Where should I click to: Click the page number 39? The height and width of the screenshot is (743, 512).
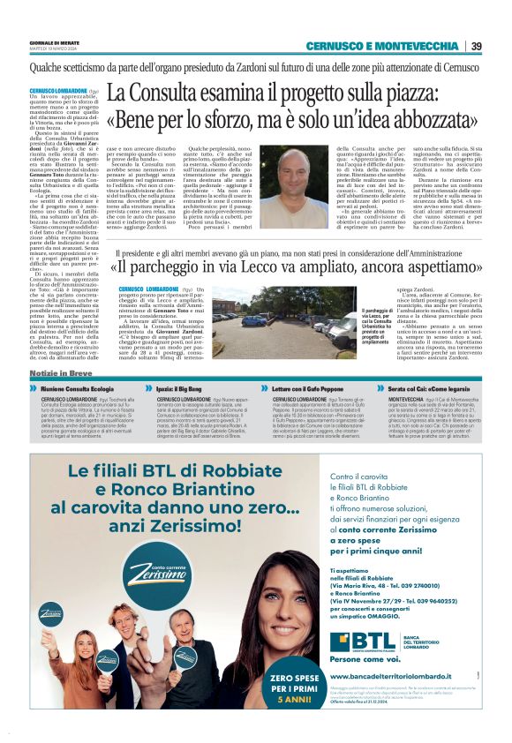click(476, 46)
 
